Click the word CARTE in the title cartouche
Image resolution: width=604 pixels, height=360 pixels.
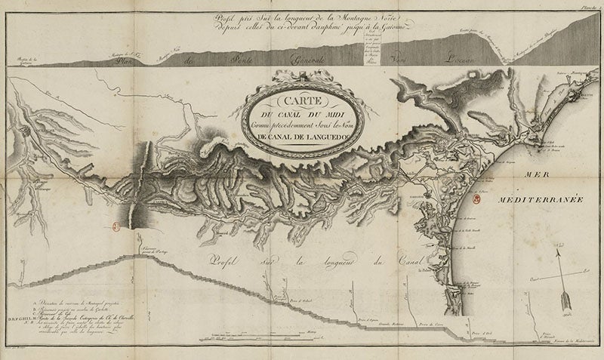click(298, 103)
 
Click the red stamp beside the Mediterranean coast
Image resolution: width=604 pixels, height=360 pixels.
click(476, 200)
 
